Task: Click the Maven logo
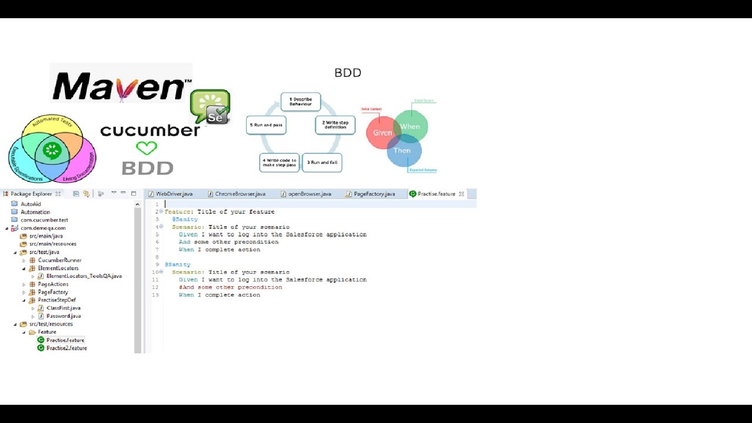[x=121, y=86]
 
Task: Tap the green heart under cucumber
[x=146, y=148]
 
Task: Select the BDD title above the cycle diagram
[x=348, y=73]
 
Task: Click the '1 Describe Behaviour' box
[x=300, y=102]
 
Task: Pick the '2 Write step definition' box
[x=335, y=125]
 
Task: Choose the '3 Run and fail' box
[x=322, y=162]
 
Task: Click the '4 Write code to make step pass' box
[x=279, y=163]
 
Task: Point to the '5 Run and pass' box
[x=266, y=125]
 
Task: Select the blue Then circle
[x=404, y=152]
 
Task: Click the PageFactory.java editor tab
[x=374, y=194]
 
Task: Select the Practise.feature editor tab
[x=436, y=194]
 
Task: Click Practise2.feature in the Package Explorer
[x=66, y=348]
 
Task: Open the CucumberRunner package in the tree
[x=59, y=260]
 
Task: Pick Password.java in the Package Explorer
[x=63, y=316]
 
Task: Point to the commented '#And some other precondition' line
[x=230, y=287]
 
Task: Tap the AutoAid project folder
[x=31, y=204]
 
